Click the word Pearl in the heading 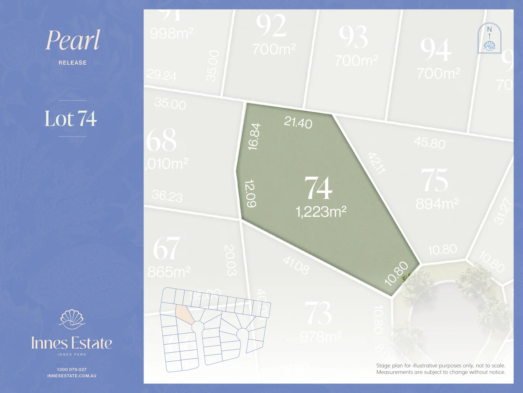coord(73,40)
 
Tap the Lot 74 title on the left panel coord(71,119)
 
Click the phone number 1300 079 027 coord(72,369)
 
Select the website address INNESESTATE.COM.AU coord(72,376)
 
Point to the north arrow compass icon coord(489,38)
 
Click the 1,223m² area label coord(321,211)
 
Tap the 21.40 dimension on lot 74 coord(298,122)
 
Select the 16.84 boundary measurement coord(254,136)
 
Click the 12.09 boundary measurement coord(251,193)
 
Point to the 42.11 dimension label coord(376,163)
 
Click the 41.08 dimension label coord(296,265)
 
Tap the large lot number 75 coord(434,180)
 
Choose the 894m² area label coord(437,204)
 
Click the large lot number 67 coord(166,249)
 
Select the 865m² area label coord(169,272)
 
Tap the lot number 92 coord(271,25)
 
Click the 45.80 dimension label coord(430,143)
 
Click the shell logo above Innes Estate coord(72,319)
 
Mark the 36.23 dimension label coord(167,196)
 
